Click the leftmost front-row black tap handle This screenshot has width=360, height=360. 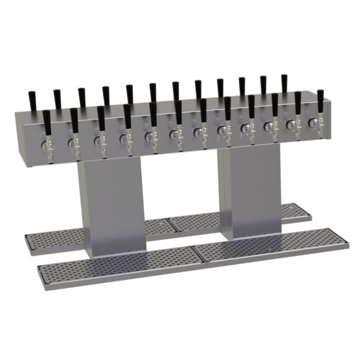click(x=48, y=120)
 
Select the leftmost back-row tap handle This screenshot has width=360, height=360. click(x=32, y=99)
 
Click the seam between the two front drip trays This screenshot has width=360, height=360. click(x=193, y=255)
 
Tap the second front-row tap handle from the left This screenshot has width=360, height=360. click(x=74, y=118)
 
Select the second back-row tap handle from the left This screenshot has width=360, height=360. click(x=56, y=96)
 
